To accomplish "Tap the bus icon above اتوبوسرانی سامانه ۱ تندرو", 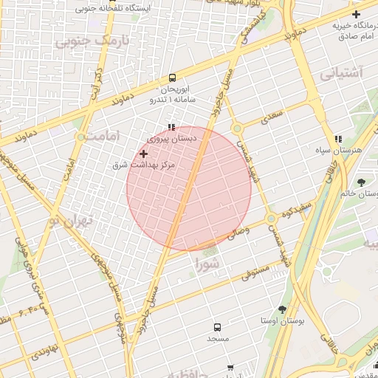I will tap(172, 78).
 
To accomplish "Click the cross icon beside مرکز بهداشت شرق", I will tap(143, 154).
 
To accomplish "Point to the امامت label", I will tap(96, 137).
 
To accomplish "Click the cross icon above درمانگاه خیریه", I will tap(356, 14).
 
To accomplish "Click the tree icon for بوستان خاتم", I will tap(361, 182).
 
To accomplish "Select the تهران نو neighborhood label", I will tap(70, 221).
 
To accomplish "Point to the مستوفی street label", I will tap(254, 273).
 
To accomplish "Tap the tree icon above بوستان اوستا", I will tap(282, 310).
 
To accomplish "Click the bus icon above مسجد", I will tap(217, 326).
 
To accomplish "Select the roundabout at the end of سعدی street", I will tap(237, 128).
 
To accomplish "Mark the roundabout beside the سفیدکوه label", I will tap(272, 219).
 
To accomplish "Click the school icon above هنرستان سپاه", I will tap(338, 139).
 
